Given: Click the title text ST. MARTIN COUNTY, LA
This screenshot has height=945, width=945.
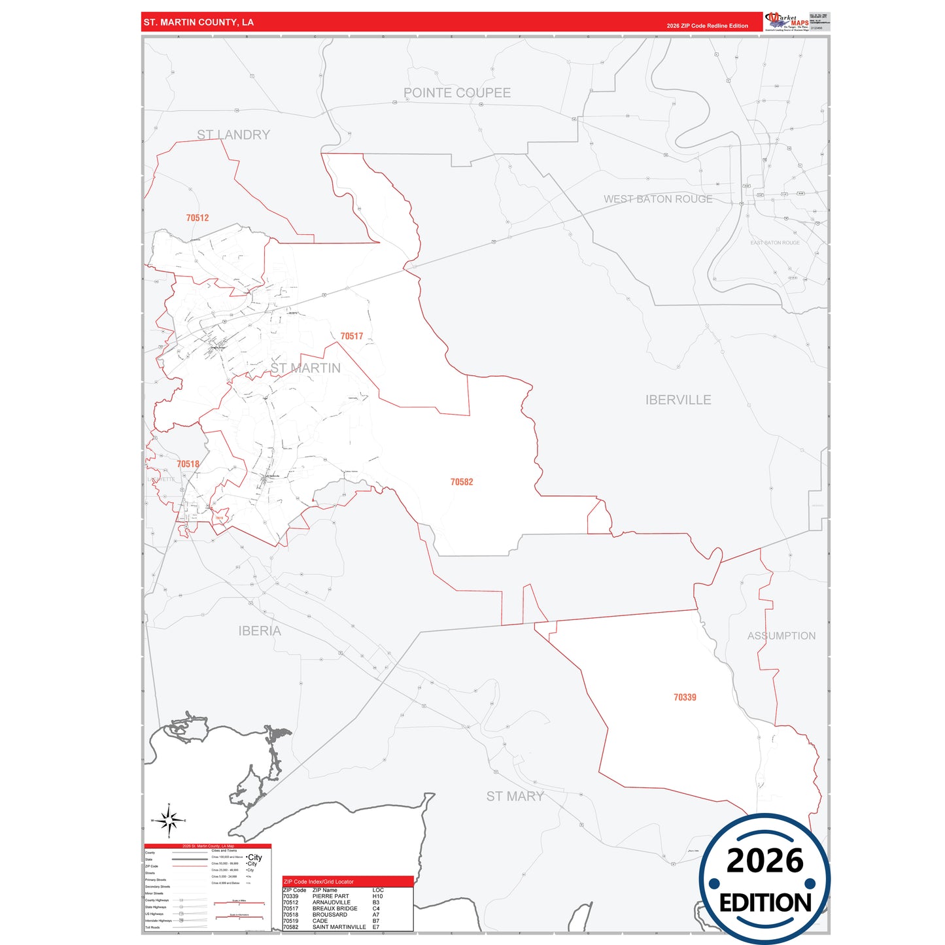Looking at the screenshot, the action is pyautogui.click(x=198, y=22).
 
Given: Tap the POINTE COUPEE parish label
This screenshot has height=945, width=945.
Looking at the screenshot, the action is pyautogui.click(x=456, y=93).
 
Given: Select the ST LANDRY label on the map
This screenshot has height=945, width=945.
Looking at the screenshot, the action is pyautogui.click(x=233, y=135).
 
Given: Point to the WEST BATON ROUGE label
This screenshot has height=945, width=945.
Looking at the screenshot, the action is pyautogui.click(x=657, y=199).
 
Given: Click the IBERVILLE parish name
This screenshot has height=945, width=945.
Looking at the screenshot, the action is pyautogui.click(x=678, y=400).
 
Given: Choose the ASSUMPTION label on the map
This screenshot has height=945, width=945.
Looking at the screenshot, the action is pyautogui.click(x=781, y=636).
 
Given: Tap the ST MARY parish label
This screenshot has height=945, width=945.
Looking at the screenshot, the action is pyautogui.click(x=515, y=796).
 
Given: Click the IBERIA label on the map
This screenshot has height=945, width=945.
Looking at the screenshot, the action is pyautogui.click(x=260, y=630).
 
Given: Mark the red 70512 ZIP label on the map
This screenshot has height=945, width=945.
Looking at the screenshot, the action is pyautogui.click(x=197, y=218).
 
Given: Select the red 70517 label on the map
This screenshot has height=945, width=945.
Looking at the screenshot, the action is pyautogui.click(x=351, y=336).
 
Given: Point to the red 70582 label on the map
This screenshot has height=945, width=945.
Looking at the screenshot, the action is pyautogui.click(x=461, y=482).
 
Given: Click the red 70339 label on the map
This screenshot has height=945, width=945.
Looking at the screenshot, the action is pyautogui.click(x=685, y=697).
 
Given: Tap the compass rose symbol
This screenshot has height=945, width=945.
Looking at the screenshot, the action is pyautogui.click(x=169, y=819).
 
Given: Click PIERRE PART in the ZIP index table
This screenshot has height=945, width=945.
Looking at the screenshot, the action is pyautogui.click(x=330, y=897).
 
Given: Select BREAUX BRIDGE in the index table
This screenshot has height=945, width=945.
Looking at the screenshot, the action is pyautogui.click(x=334, y=908).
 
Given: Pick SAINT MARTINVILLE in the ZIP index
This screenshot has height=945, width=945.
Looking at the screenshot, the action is pyautogui.click(x=339, y=927).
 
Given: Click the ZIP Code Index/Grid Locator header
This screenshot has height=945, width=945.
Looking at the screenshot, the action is pyautogui.click(x=318, y=882).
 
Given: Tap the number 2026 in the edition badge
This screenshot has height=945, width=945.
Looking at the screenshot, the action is pyautogui.click(x=765, y=861).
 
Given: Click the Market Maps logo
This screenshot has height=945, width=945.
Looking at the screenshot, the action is pyautogui.click(x=787, y=22).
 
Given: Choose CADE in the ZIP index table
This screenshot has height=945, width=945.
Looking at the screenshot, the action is pyautogui.click(x=320, y=921).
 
